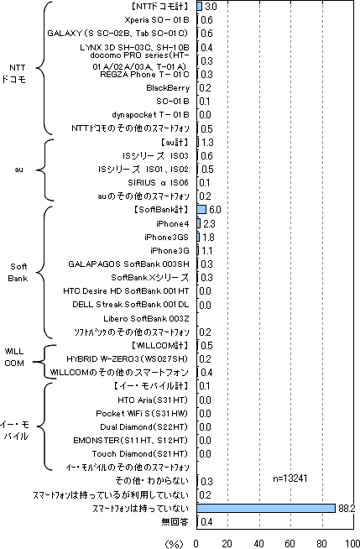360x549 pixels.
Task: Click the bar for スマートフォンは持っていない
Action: coord(266,509)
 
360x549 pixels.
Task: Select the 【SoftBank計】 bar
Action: coord(201,209)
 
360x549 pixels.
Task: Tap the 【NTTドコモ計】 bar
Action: coord(200,7)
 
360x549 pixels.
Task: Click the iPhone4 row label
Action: coord(173,223)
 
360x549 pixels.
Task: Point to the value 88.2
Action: coord(347,509)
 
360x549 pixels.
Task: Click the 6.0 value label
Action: coord(215,209)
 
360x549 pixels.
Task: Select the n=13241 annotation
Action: coord(290,478)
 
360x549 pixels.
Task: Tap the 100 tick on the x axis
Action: coord(353,543)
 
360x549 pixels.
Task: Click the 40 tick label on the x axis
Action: coord(259,543)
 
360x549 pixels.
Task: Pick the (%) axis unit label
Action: coord(174,544)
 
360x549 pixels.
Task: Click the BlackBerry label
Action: coord(168,88)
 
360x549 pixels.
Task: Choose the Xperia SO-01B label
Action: coord(157,20)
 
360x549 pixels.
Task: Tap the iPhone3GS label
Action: coord(166,237)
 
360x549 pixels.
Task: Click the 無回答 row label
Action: coord(175,522)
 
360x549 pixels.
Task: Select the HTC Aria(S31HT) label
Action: coord(153,400)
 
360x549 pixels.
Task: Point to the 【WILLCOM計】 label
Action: coord(160,346)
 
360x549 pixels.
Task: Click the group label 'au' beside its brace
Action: coord(19,170)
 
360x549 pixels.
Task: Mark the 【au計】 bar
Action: coord(198,142)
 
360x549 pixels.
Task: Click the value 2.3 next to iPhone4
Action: coord(209,223)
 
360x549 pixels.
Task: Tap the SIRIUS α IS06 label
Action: coord(158,182)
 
